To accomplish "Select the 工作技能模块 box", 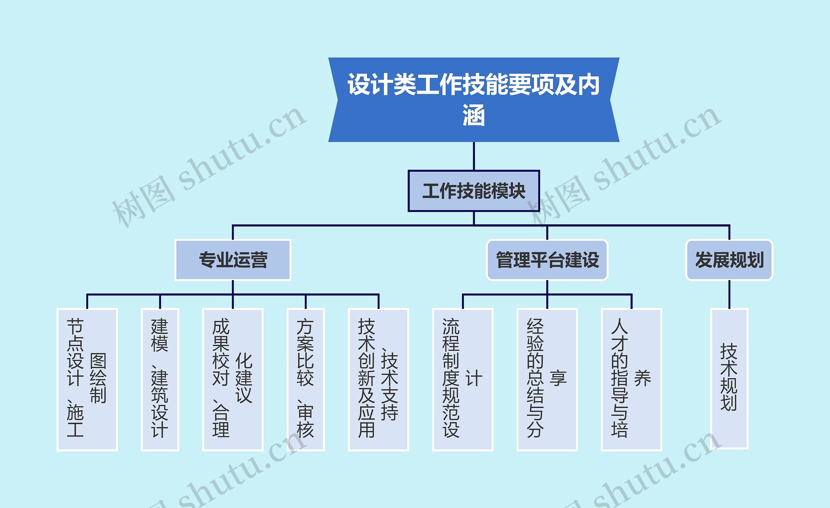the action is pyautogui.click(x=474, y=191).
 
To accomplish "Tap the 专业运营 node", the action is pyautogui.click(x=233, y=260).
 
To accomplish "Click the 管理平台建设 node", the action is pyautogui.click(x=547, y=260).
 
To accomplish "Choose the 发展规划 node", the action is pyautogui.click(x=729, y=260).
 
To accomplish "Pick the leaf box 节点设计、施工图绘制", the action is pyautogui.click(x=87, y=379).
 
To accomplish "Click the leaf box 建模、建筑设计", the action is pyautogui.click(x=160, y=379).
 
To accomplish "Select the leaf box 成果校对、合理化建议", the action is pyautogui.click(x=232, y=379).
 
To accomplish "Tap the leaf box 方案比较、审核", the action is pyautogui.click(x=305, y=379).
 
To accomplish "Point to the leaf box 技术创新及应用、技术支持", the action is pyautogui.click(x=378, y=379).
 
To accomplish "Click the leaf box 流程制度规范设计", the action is pyautogui.click(x=462, y=379).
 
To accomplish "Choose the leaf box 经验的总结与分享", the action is pyautogui.click(x=547, y=379).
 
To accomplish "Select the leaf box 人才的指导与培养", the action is pyautogui.click(x=631, y=379).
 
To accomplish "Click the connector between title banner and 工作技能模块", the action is pyautogui.click(x=474, y=156).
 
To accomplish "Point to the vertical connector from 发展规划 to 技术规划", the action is pyautogui.click(x=729, y=294).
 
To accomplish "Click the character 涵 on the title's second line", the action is pyautogui.click(x=474, y=115).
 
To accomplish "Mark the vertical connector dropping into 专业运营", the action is pyautogui.click(x=233, y=232).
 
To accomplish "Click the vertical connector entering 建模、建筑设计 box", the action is pyautogui.click(x=160, y=302).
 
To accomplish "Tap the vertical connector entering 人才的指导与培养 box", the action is pyautogui.click(x=631, y=302).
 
